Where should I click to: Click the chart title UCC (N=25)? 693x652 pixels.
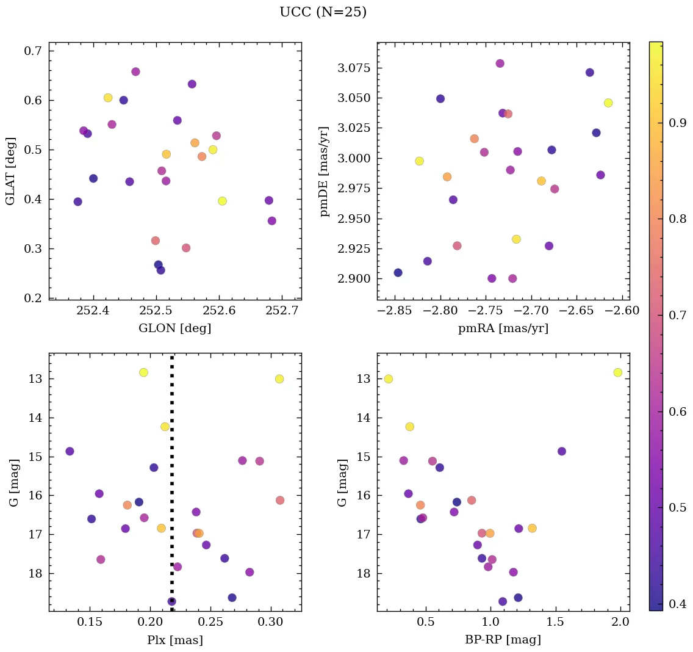pyautogui.click(x=323, y=12)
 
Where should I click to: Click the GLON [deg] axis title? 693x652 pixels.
pyautogui.click(x=175, y=328)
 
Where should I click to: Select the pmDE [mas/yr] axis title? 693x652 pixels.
pyautogui.click(x=325, y=172)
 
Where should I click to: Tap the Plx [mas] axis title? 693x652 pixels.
pyautogui.click(x=175, y=640)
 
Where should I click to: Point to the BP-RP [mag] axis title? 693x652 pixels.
pyautogui.click(x=503, y=640)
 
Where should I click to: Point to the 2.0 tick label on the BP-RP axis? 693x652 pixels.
pyautogui.click(x=620, y=623)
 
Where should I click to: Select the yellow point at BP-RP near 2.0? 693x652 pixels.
pyautogui.click(x=618, y=372)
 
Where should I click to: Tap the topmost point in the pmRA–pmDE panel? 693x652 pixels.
pyautogui.click(x=500, y=63)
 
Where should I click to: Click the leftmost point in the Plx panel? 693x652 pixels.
pyautogui.click(x=70, y=451)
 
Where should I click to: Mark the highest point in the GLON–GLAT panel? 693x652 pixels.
pyautogui.click(x=135, y=72)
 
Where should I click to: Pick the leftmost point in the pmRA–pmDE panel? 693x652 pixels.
pyautogui.click(x=398, y=272)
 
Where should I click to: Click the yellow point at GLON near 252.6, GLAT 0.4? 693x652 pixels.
pyautogui.click(x=222, y=201)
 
